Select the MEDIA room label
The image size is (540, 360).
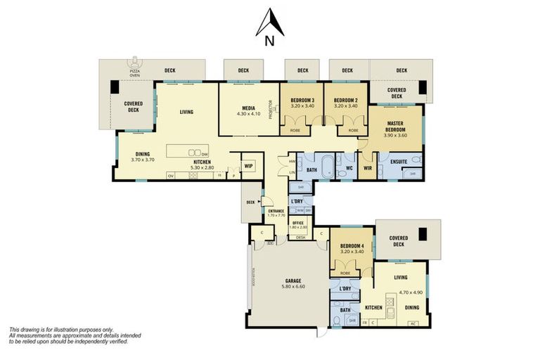click(x=248, y=108)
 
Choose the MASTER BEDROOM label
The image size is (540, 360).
click(x=397, y=127)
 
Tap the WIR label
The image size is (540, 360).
click(x=367, y=168)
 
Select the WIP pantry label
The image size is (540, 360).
click(x=248, y=167)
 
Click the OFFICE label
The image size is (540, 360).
click(x=297, y=223)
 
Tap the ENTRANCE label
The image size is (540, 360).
click(x=276, y=211)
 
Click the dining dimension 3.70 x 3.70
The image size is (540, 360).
click(x=143, y=160)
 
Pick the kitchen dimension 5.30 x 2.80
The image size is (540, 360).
click(x=202, y=167)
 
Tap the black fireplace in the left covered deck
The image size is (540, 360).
click(x=115, y=89)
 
